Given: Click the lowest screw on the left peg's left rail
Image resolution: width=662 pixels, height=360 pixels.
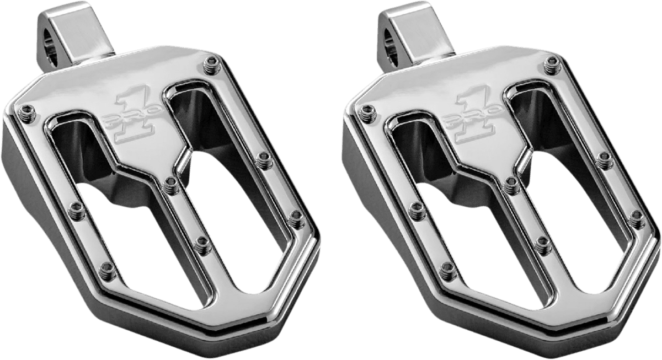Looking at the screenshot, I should (x=109, y=270).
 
